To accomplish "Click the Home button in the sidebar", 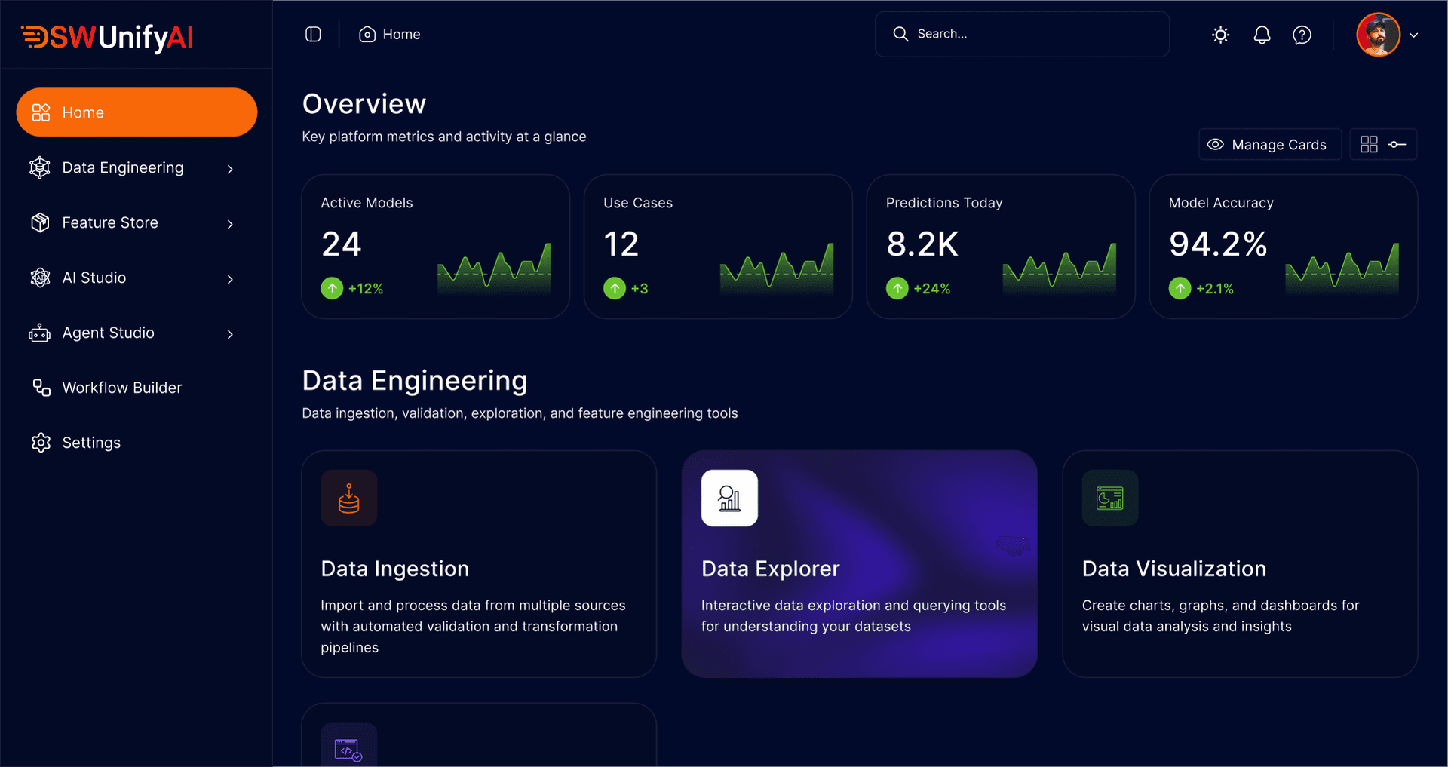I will tap(137, 112).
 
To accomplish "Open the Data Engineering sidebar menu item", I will tap(122, 167).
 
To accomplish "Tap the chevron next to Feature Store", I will tap(230, 224).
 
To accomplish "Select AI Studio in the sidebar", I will tap(94, 278).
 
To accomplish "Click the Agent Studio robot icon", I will tap(40, 333).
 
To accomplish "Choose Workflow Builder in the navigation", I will tap(121, 388).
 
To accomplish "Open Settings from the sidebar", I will tap(91, 443).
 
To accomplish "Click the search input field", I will tap(1033, 34).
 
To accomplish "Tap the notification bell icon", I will tap(1262, 35).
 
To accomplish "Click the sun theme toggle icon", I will tap(1220, 35).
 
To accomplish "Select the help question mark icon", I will tap(1302, 35).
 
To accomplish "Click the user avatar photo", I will tap(1378, 35).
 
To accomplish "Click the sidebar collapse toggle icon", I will tap(313, 35).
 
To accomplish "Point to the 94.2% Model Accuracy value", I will tap(1217, 244).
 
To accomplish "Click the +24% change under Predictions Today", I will tap(931, 289).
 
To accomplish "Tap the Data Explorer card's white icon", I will tap(729, 498).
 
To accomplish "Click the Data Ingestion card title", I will tap(394, 569).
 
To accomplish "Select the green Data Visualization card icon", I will tap(1109, 498).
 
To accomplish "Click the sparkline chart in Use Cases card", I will tap(777, 267).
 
